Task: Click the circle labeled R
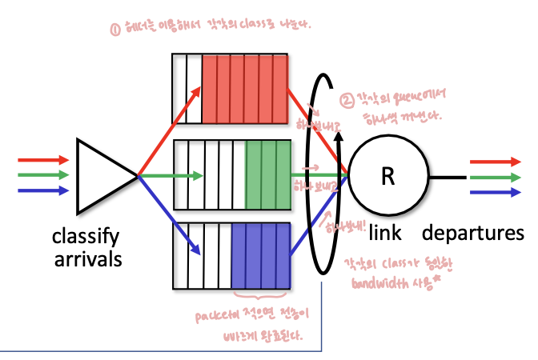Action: (387, 176)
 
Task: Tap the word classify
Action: (85, 236)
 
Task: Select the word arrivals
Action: (85, 259)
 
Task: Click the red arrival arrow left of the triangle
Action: (43, 160)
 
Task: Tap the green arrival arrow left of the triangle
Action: (43, 175)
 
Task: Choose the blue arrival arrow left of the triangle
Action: (43, 190)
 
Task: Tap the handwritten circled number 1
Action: (115, 30)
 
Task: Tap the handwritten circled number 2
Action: (347, 102)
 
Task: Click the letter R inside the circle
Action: (387, 176)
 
